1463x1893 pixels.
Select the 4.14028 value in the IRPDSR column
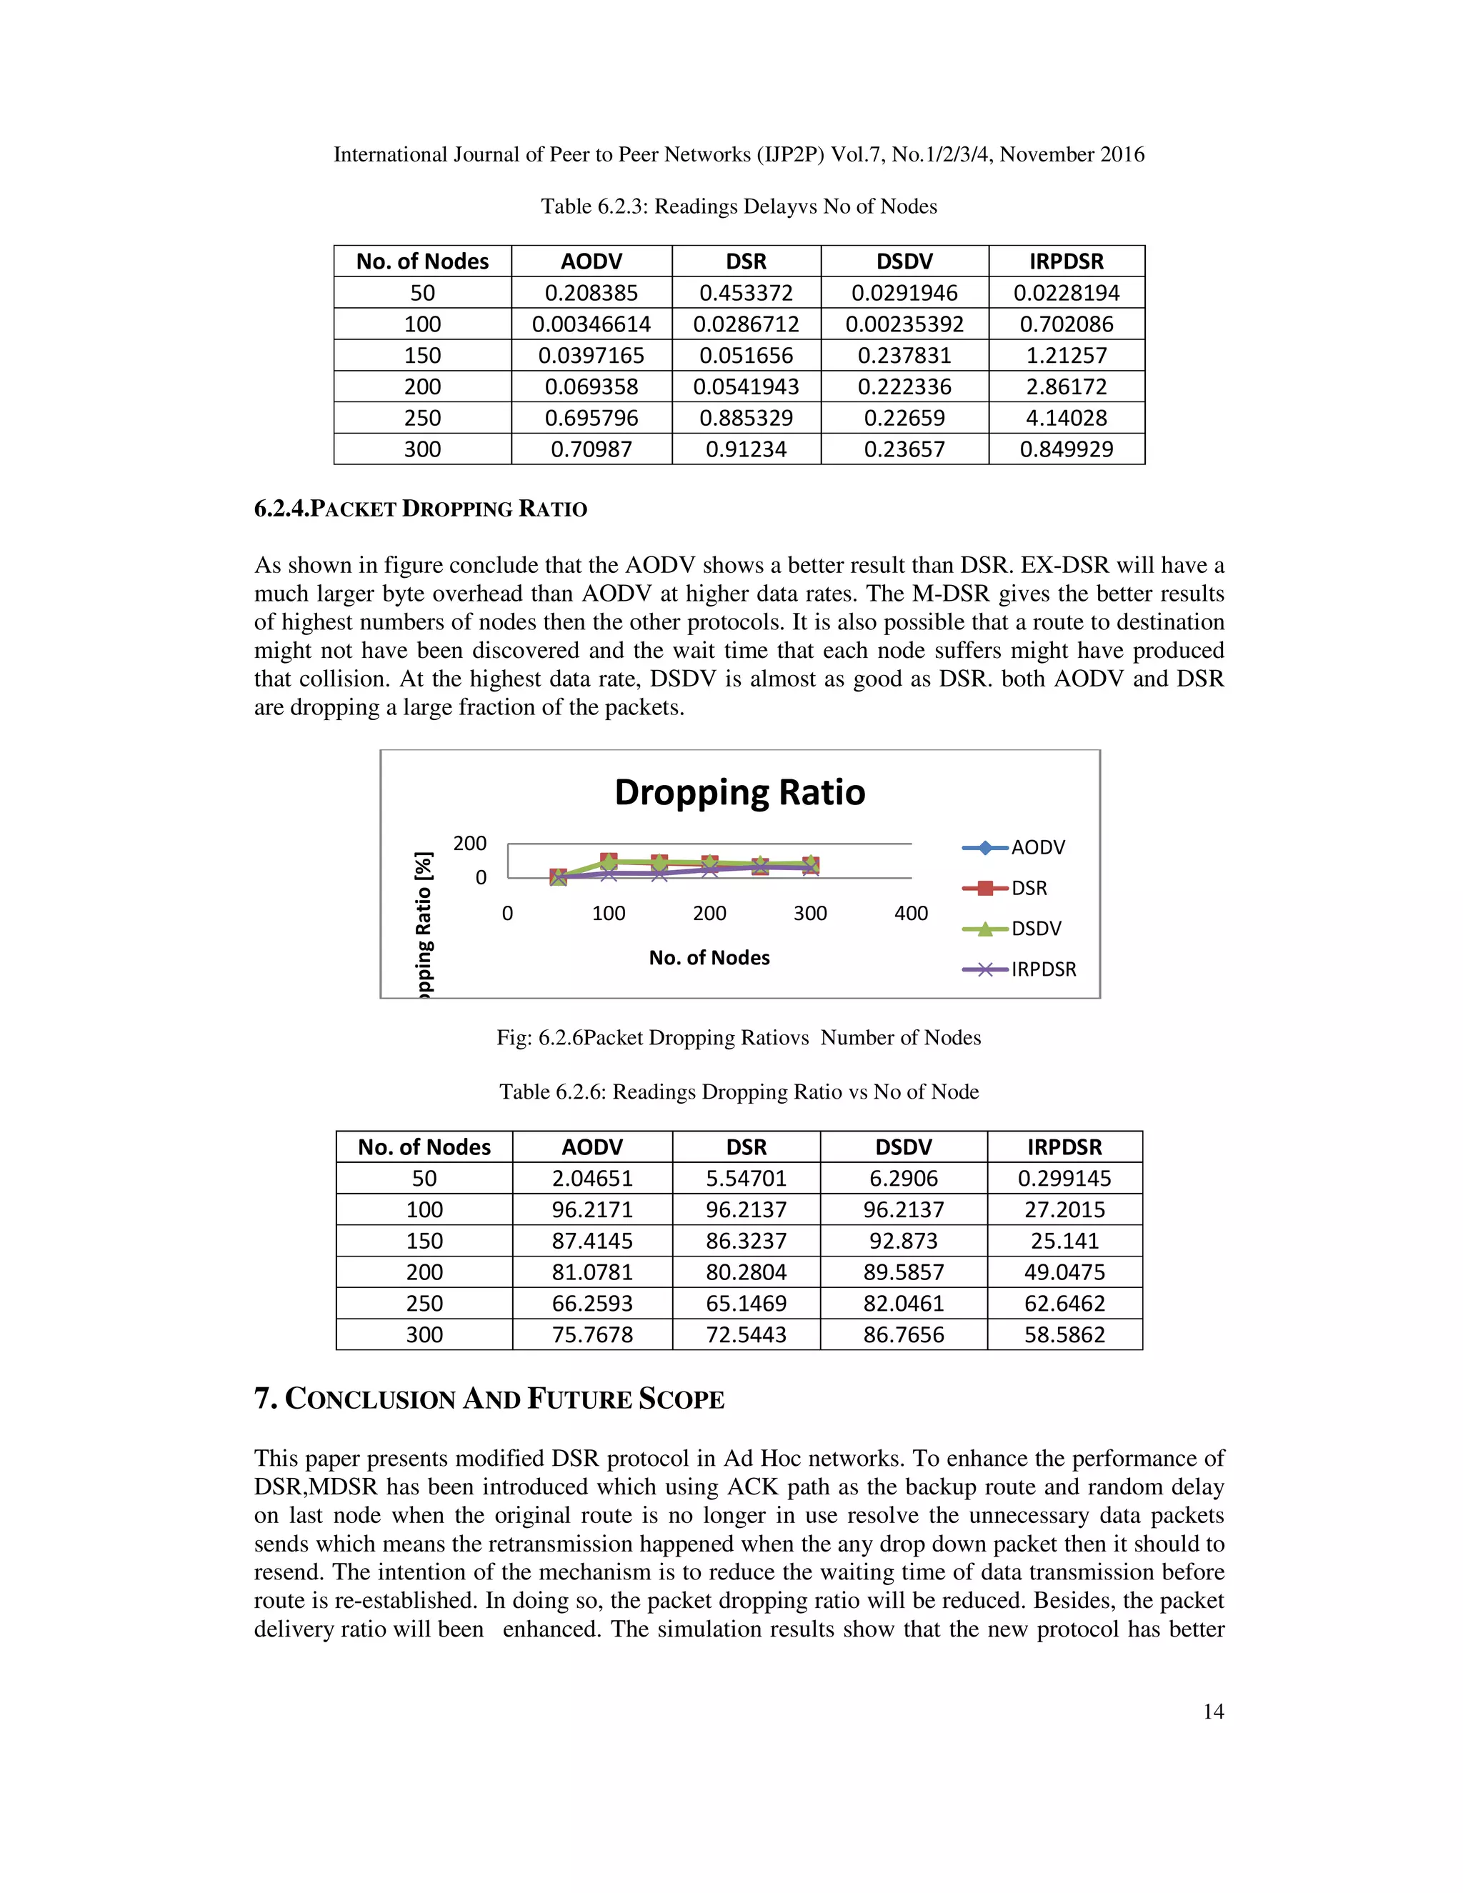[1066, 418]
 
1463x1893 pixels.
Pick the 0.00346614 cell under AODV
[591, 324]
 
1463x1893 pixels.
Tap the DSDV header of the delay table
[904, 261]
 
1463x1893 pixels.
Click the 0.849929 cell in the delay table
[1066, 449]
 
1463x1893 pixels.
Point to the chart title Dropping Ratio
[739, 792]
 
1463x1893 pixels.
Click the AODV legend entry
[1037, 848]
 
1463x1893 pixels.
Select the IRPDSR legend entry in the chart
[1043, 969]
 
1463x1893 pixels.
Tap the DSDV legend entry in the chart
[1036, 929]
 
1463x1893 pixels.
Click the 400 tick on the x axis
[911, 913]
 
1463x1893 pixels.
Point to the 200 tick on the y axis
[470, 844]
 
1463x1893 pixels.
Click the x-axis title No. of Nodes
[709, 958]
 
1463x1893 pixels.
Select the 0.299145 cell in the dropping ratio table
[1064, 1178]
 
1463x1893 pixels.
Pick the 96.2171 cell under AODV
[592, 1209]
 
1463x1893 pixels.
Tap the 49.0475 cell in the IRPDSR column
[1064, 1272]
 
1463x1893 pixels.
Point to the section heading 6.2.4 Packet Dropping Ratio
[420, 509]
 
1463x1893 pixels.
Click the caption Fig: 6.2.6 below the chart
[739, 1037]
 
